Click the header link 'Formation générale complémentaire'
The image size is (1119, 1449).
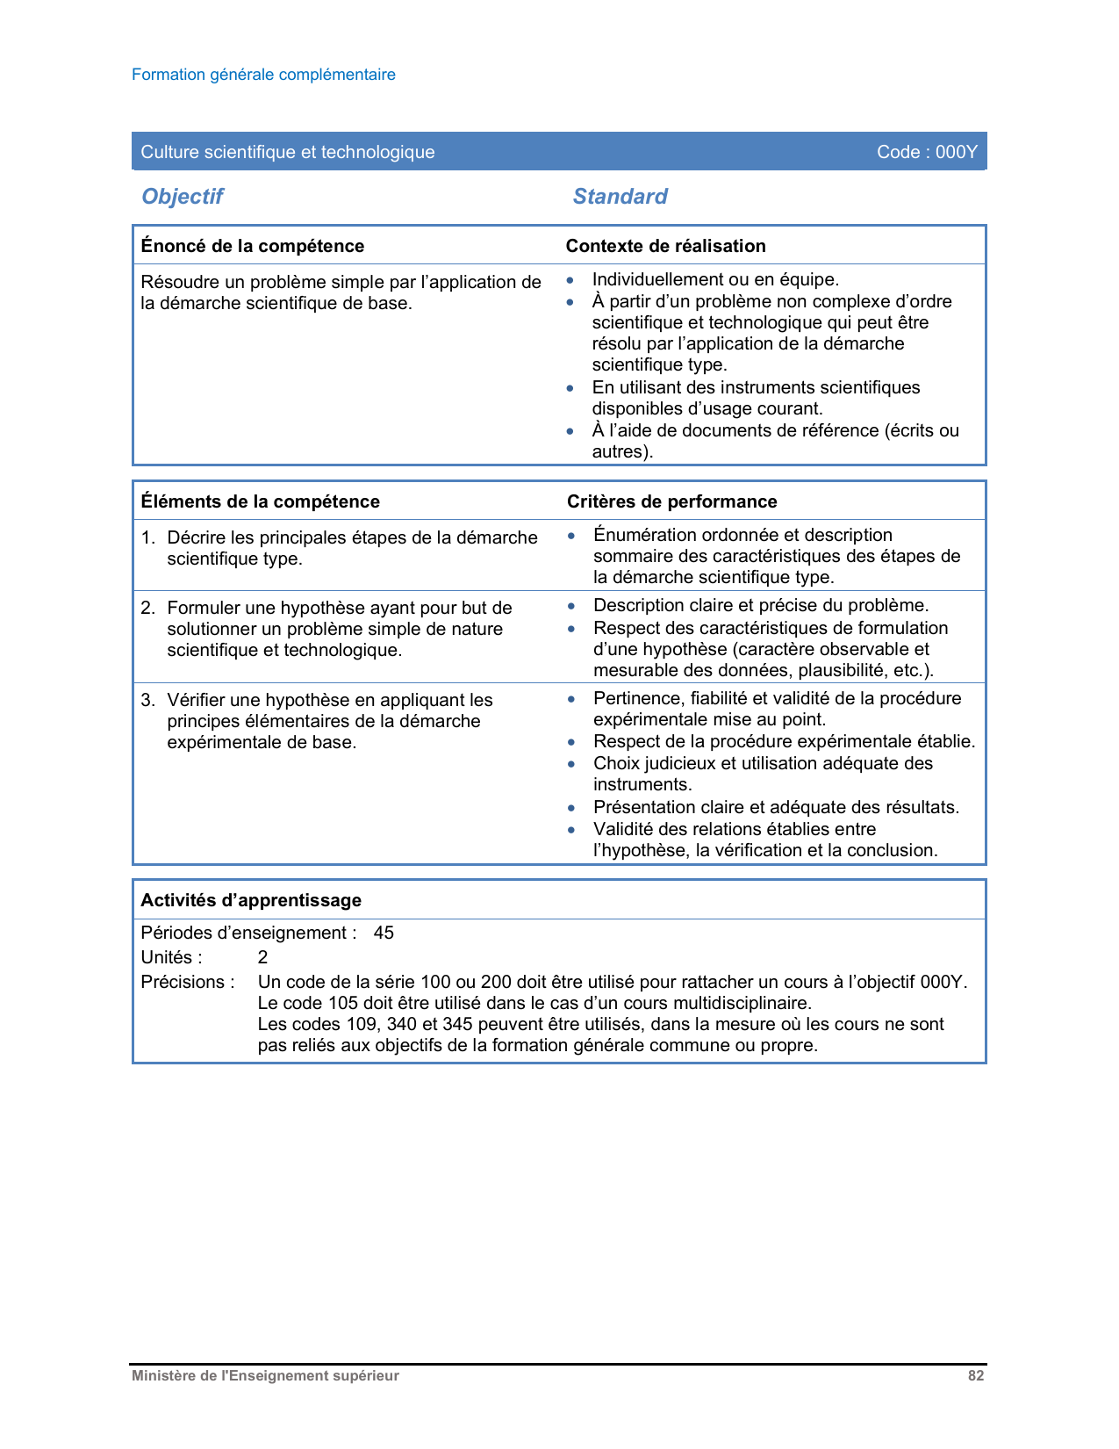pyautogui.click(x=263, y=75)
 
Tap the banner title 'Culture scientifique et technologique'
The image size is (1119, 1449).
pyautogui.click(x=288, y=152)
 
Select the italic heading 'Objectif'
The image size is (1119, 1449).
pyautogui.click(x=183, y=196)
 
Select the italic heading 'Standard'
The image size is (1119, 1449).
pyautogui.click(x=620, y=196)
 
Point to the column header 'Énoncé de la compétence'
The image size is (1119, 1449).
pyautogui.click(x=253, y=246)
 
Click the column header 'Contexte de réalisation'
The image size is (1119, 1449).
pyautogui.click(x=665, y=246)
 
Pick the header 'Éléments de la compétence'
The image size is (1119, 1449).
pyautogui.click(x=261, y=501)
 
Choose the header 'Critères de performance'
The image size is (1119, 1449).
pyautogui.click(x=672, y=501)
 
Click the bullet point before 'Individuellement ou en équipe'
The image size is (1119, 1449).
pyautogui.click(x=570, y=280)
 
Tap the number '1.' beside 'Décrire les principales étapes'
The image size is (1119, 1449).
pyautogui.click(x=148, y=537)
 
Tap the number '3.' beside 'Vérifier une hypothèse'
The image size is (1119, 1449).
pyautogui.click(x=148, y=700)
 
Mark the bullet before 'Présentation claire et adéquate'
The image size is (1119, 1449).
pyautogui.click(x=571, y=808)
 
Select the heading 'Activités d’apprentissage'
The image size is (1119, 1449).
pyautogui.click(x=251, y=900)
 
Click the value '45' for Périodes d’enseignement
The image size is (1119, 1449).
pyautogui.click(x=384, y=933)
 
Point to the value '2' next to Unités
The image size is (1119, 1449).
pyautogui.click(x=262, y=957)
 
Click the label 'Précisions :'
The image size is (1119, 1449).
pyautogui.click(x=188, y=982)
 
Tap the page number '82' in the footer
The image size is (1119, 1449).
pyautogui.click(x=976, y=1376)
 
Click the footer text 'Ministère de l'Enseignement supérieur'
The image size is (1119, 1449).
pyautogui.click(x=265, y=1376)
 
